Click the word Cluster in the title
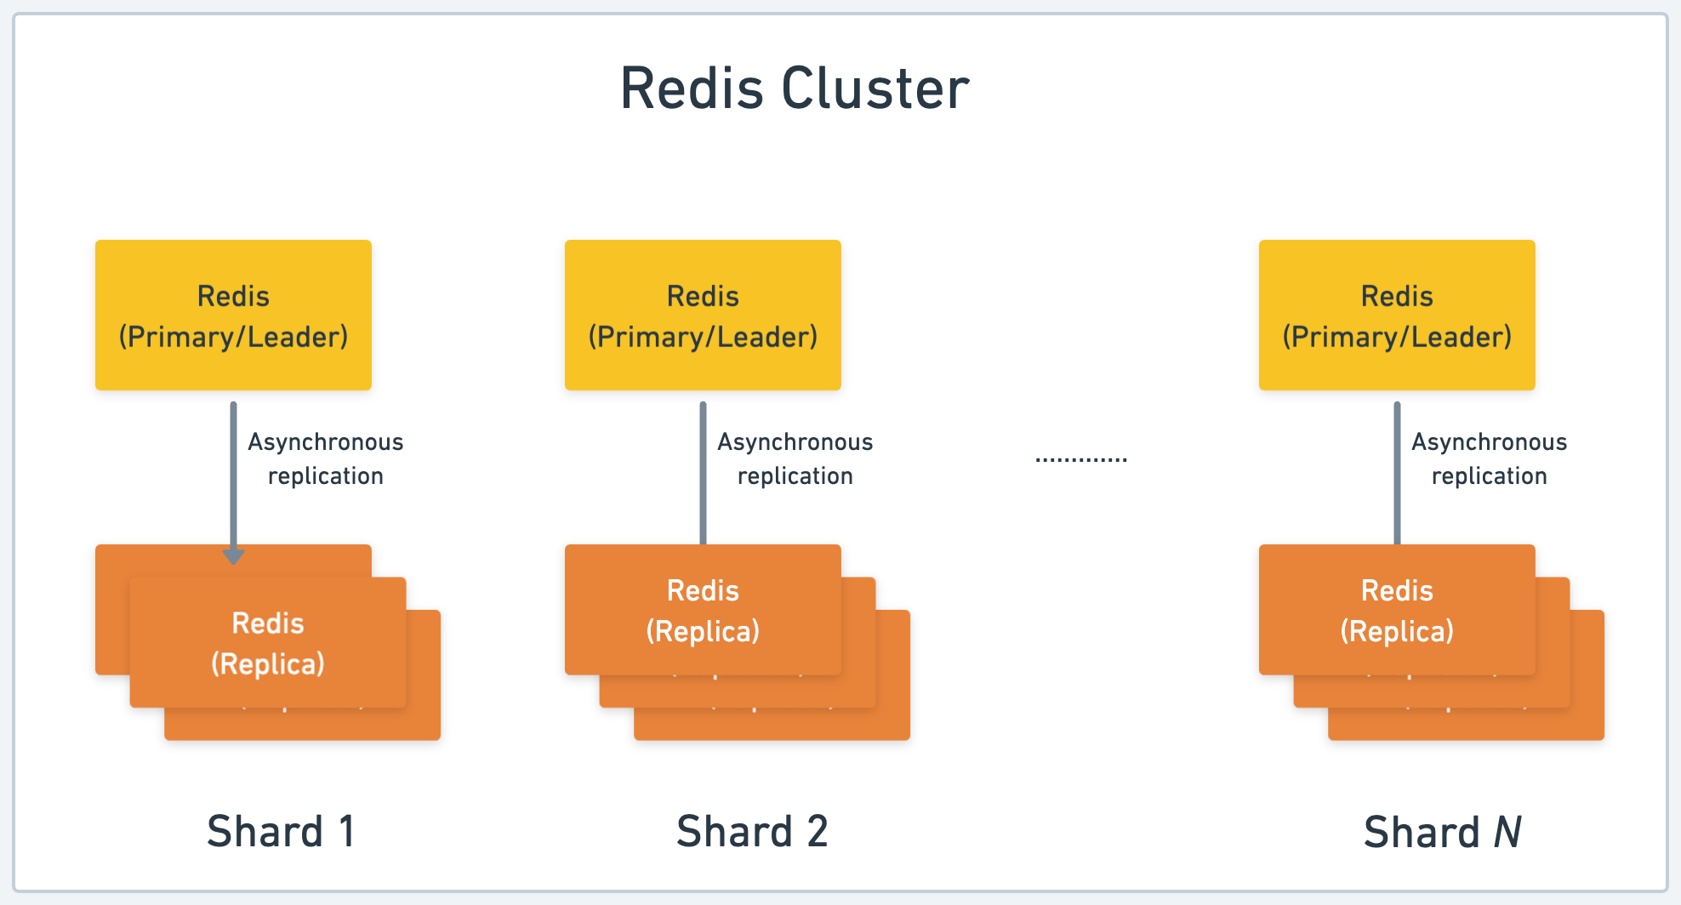875,88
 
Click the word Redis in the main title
691,88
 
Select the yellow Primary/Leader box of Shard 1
233,316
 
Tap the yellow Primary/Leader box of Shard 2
703,316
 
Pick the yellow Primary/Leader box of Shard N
1397,316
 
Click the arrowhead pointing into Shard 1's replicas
233,556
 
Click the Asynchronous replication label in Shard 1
326,458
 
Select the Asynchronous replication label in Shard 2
795,458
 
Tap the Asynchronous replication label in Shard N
1490,458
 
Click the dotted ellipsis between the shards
1081,459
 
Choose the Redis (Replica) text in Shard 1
268,643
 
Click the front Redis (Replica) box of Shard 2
703,610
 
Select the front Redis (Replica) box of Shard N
1397,610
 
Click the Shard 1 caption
281,831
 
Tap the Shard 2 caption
752,831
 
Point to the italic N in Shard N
1507,832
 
